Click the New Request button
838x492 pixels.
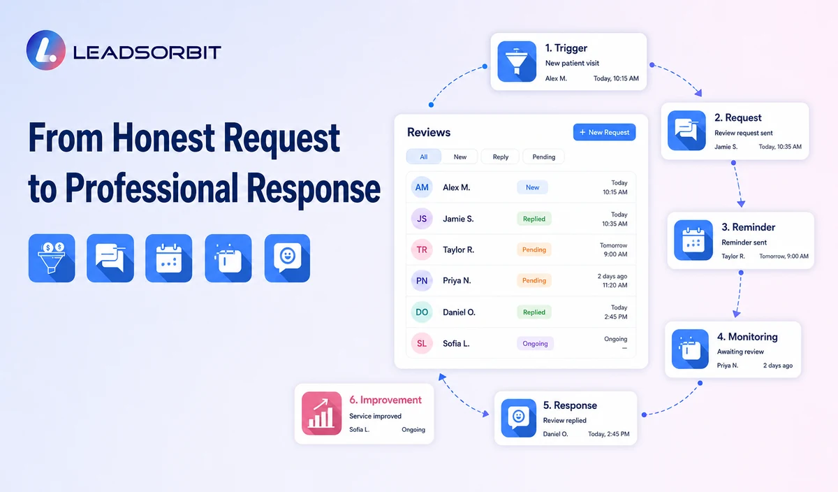604,132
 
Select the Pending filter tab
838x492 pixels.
543,157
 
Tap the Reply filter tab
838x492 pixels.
500,157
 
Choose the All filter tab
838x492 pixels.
423,157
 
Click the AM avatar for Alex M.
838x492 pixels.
422,187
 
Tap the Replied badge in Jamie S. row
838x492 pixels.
534,219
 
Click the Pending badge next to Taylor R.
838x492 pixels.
534,249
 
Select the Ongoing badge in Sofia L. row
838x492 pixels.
535,343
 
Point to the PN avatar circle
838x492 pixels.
422,281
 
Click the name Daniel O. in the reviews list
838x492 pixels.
459,312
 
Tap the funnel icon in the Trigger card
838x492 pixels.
517,61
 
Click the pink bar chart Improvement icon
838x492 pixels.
321,413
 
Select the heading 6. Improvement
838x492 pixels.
385,400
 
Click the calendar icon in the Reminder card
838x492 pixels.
693,240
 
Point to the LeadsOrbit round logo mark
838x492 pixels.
46,50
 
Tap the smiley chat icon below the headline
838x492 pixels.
287,258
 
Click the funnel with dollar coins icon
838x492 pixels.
52,258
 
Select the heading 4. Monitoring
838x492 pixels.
747,337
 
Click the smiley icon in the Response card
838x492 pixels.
518,418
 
